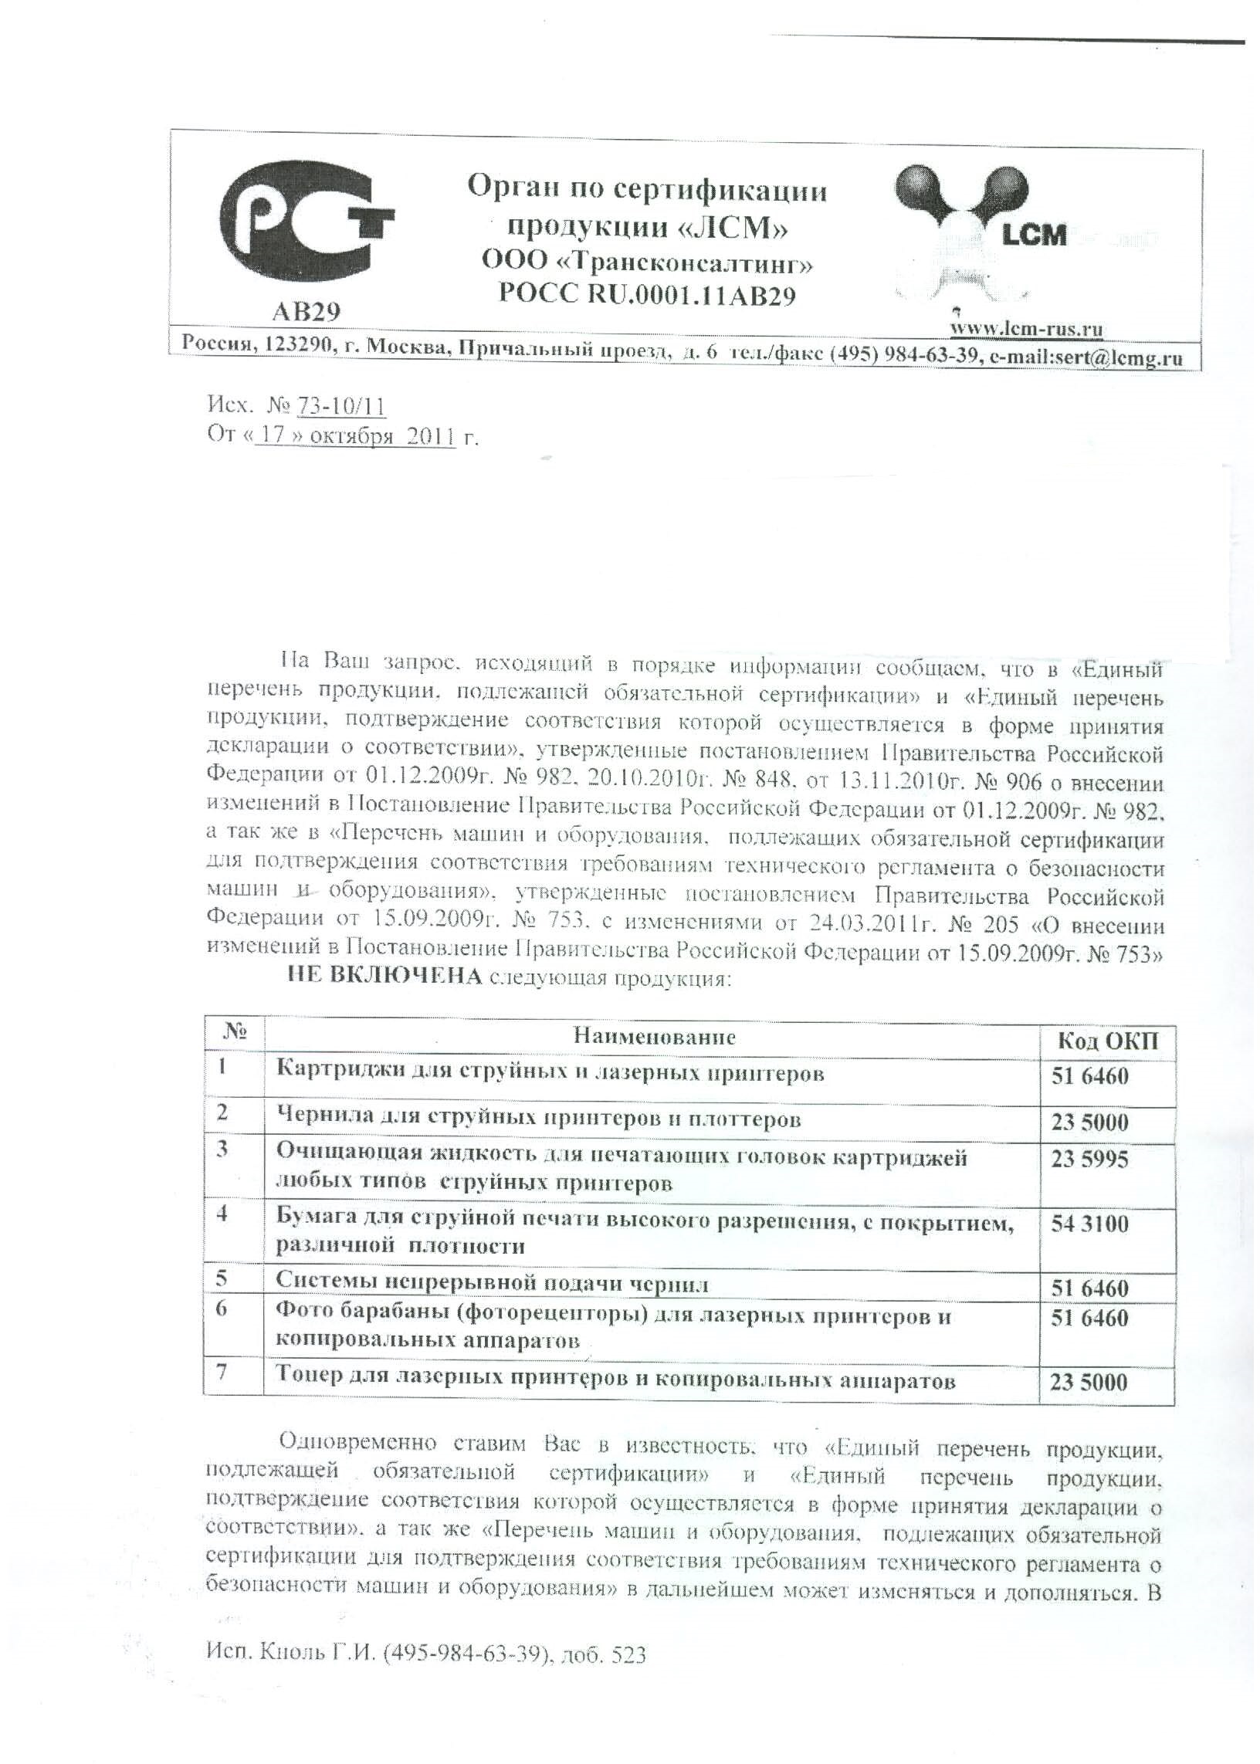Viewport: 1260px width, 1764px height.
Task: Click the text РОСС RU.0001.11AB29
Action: [x=647, y=295]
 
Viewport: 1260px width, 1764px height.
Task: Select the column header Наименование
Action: [x=654, y=1036]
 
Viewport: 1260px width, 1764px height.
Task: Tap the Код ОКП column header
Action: [x=1108, y=1040]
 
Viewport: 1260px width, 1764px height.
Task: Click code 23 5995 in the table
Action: [x=1089, y=1160]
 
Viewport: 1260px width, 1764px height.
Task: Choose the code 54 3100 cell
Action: [x=1089, y=1224]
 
